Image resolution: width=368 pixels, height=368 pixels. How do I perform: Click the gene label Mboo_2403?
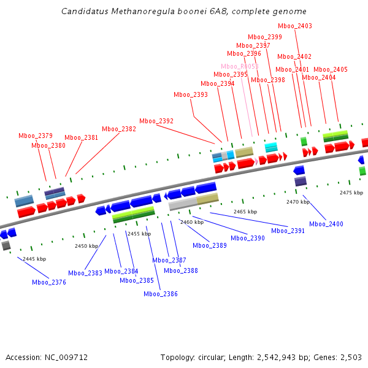coord(295,26)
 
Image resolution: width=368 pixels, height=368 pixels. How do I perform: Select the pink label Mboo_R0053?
coord(240,66)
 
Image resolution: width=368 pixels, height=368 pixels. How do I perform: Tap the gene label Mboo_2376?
coord(49,282)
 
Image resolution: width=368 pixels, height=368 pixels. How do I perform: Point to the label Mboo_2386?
coord(161,294)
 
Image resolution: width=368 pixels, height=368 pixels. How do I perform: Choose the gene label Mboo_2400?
coord(326,224)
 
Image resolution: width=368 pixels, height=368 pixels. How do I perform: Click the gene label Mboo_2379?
coord(36,136)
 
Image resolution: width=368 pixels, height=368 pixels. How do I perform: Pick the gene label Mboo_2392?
coord(156,121)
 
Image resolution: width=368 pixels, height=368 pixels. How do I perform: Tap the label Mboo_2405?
coord(331,69)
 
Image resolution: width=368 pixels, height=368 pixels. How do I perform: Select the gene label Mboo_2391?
coord(288,231)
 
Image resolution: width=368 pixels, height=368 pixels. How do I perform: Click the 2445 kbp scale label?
coord(34,259)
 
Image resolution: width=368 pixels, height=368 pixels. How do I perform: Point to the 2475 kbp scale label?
coord(351,193)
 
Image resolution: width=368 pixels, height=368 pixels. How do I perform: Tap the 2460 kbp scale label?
coord(191,222)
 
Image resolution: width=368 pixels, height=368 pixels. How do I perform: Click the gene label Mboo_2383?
coord(85,273)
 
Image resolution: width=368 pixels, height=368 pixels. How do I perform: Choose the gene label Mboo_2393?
coord(191,94)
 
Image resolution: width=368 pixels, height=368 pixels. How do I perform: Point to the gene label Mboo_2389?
coord(210,245)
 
